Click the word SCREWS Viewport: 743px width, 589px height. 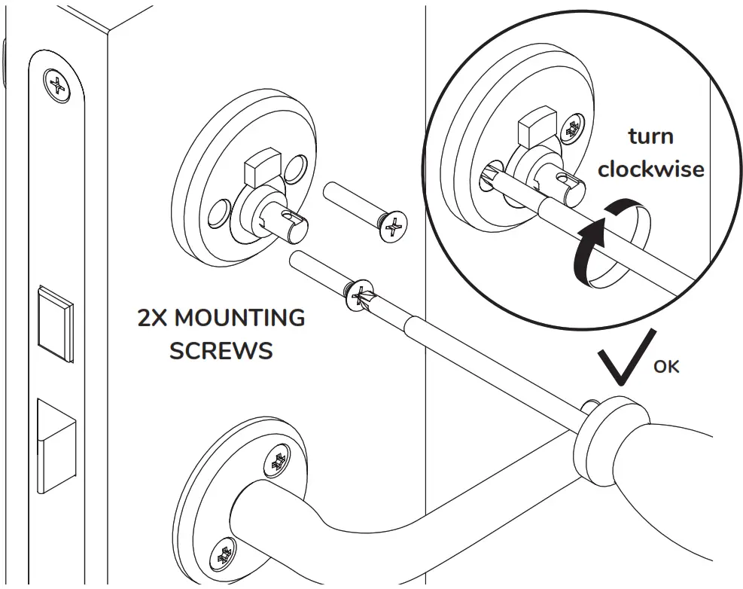pos(221,351)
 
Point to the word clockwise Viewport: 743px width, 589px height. pos(651,169)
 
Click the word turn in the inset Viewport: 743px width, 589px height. pos(651,137)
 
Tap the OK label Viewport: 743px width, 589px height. pos(666,367)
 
